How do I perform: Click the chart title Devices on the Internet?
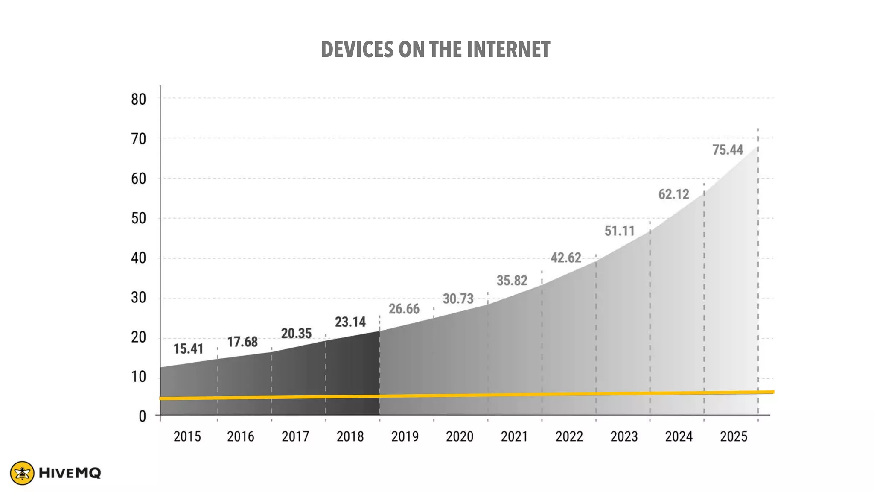point(435,50)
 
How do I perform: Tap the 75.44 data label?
point(728,150)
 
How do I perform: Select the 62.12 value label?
point(673,194)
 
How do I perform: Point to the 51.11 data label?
point(620,231)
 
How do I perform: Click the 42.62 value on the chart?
point(565,258)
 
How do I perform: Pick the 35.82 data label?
point(512,281)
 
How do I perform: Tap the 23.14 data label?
point(350,322)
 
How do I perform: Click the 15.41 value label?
point(188,349)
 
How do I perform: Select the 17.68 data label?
point(242,342)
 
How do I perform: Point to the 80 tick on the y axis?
point(138,100)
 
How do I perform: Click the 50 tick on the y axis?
point(138,219)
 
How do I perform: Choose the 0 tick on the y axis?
point(142,416)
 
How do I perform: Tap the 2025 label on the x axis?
point(734,436)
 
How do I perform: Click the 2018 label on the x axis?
point(350,436)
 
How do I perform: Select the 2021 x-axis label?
point(514,436)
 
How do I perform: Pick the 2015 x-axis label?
point(187,436)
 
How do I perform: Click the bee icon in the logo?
point(22,473)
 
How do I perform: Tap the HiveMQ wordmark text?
point(70,473)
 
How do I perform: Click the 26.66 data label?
point(404,309)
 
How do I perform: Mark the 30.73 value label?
point(458,299)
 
